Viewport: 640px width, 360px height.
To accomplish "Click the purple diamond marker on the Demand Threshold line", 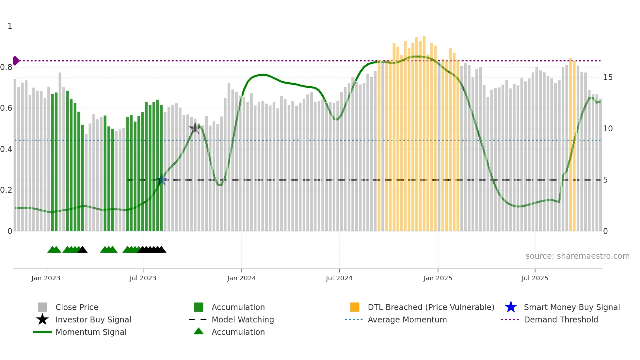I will coord(16,61).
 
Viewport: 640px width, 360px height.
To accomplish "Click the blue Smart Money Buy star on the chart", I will coord(161,180).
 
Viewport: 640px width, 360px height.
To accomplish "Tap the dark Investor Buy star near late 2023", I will coord(195,128).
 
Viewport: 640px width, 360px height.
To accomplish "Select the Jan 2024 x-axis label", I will coord(241,278).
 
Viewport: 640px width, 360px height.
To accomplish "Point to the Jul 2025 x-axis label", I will coord(535,278).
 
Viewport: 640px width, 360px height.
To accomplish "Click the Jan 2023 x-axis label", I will coord(46,278).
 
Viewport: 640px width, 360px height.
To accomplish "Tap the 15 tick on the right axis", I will coord(608,77).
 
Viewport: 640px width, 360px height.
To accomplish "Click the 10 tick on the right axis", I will coord(608,129).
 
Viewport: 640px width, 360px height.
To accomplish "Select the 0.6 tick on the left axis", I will coord(6,108).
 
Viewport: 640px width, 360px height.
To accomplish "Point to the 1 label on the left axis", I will coord(10,26).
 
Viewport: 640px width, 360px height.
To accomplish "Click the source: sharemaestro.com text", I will coord(577,256).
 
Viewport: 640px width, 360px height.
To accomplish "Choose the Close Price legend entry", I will coord(77,307).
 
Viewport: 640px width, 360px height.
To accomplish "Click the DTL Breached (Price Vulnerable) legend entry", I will coord(431,307).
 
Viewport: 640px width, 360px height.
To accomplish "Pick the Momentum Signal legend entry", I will coord(91,332).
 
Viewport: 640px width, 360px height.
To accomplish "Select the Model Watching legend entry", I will coord(243,319).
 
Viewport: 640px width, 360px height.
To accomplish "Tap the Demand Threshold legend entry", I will coord(561,319).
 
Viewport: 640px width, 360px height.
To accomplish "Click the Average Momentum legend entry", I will coord(407,319).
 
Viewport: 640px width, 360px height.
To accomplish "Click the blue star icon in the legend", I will coord(511,307).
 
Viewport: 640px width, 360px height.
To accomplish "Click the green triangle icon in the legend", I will coord(199,331).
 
